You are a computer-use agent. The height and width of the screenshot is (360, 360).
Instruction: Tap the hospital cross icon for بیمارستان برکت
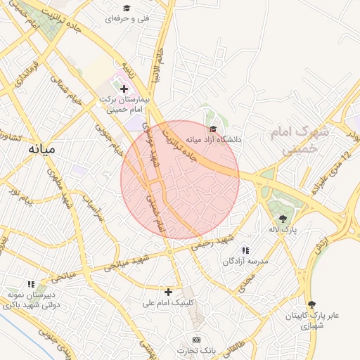(x=124, y=89)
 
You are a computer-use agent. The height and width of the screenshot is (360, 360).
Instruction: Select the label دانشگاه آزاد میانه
(x=218, y=139)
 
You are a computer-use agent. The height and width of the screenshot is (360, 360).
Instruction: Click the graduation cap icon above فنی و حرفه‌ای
(x=126, y=8)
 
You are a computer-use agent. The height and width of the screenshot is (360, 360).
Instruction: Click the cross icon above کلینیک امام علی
(x=167, y=292)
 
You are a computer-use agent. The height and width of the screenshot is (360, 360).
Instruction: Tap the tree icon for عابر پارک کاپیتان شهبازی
(x=311, y=304)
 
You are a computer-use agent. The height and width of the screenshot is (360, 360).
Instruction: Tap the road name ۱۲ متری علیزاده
(x=330, y=173)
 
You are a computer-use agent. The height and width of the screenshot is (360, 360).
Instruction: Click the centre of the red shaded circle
(x=180, y=179)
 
